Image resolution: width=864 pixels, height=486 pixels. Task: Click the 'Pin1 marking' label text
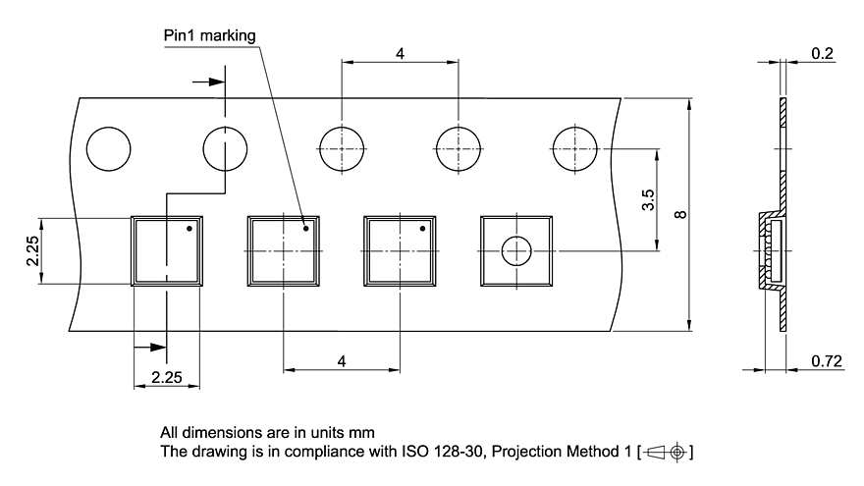[x=209, y=36]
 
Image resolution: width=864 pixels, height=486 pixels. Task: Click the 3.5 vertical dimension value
[x=648, y=201]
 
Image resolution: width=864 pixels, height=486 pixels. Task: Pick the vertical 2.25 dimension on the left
[x=32, y=250]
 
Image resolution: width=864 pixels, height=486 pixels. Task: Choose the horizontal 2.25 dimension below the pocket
[x=165, y=376]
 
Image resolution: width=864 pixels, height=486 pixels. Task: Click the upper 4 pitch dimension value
[x=401, y=53]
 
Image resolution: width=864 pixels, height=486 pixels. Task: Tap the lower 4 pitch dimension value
[x=342, y=362]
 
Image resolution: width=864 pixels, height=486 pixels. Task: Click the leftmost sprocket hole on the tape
[x=108, y=150]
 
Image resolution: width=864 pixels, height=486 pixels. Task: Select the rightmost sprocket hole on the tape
[x=574, y=150]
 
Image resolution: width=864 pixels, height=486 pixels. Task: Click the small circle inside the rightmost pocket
[x=516, y=251]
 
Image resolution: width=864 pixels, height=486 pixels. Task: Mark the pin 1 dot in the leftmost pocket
[x=189, y=229]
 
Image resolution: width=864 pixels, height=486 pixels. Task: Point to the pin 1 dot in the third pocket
[x=423, y=229]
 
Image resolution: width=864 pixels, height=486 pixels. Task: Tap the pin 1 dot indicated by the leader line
[x=306, y=229]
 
